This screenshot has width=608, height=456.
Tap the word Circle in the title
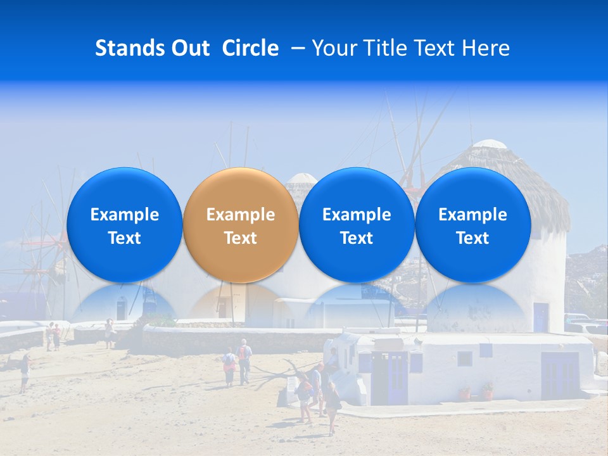250,48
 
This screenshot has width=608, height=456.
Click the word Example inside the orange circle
241,215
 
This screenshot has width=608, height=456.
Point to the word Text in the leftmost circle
124,238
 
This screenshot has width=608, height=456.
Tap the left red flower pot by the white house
465,393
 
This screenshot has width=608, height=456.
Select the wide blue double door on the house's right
560,376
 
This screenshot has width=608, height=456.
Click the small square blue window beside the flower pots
465,358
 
